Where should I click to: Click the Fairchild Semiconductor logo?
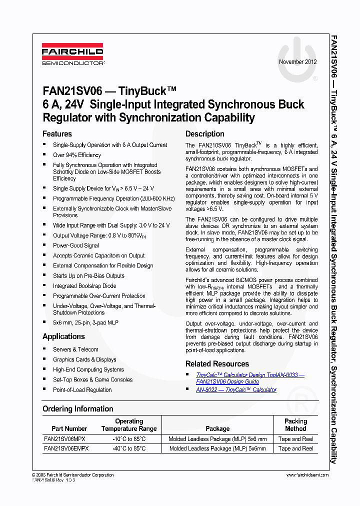[72, 54]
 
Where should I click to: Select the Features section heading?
[57, 134]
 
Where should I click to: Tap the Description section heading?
[205, 134]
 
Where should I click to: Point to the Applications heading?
[63, 336]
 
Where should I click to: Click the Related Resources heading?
[217, 363]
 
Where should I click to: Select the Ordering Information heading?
[78, 409]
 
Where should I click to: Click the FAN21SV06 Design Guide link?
[227, 381]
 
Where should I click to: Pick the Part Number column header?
[69, 428]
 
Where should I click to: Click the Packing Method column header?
[295, 425]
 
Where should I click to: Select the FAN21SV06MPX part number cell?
[64, 439]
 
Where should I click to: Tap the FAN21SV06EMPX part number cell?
[66, 448]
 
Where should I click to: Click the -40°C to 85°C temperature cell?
[129, 448]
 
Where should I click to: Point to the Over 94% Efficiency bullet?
[77, 155]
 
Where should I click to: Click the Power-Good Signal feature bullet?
[76, 245]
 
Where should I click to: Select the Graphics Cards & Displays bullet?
[84, 359]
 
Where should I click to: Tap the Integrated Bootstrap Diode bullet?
[84, 286]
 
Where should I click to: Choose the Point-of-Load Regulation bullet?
[82, 390]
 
